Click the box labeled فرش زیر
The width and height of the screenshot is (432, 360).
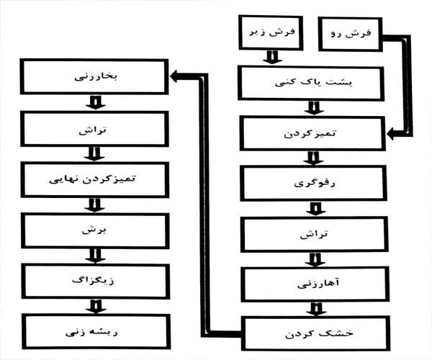click(271, 33)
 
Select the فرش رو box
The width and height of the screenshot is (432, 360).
click(351, 34)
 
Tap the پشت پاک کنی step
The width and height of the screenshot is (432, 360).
click(311, 84)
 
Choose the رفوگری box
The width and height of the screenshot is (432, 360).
click(313, 184)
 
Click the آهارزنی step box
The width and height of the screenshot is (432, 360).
click(315, 284)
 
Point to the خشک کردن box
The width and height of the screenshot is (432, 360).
click(316, 333)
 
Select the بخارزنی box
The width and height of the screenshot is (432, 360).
click(94, 77)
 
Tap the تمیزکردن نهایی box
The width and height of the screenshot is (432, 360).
click(95, 180)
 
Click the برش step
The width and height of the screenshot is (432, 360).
click(95, 231)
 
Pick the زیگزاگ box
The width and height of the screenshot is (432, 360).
click(96, 282)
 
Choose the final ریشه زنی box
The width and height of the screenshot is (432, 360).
click(96, 332)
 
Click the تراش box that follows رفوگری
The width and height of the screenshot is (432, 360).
click(315, 235)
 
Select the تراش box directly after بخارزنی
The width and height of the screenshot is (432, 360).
click(94, 129)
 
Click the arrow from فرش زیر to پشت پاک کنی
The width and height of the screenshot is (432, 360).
click(272, 58)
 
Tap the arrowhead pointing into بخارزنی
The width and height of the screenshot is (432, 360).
click(176, 76)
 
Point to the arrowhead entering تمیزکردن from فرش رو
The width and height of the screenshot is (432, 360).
click(392, 134)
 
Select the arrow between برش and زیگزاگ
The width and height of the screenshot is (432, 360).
click(95, 256)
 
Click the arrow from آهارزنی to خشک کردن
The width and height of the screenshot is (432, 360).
click(316, 309)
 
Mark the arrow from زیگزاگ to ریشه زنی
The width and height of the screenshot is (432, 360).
click(96, 307)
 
